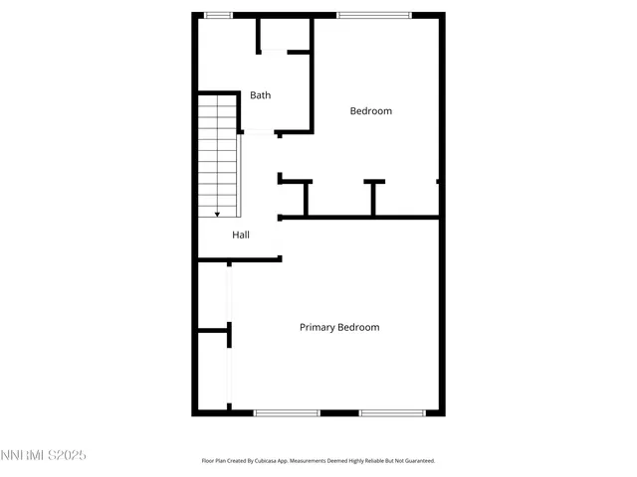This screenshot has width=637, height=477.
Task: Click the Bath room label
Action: coord(260,95)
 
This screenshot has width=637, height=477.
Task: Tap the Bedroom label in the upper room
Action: coord(370,111)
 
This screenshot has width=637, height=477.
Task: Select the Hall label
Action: coord(241,236)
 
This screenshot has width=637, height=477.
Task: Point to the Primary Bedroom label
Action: coord(339,327)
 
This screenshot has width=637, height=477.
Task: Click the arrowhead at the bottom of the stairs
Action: coord(217,214)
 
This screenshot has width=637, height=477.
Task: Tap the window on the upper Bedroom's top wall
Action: coord(373,14)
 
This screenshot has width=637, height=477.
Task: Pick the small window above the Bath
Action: coord(218,14)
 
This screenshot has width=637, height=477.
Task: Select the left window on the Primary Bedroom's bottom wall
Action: coord(287,412)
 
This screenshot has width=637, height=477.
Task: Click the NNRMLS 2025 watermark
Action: coord(44,455)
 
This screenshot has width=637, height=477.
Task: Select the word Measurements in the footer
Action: coord(320,461)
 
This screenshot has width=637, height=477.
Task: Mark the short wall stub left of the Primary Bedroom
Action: coord(215,331)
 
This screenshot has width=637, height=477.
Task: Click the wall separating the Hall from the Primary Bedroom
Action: coord(239,260)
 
